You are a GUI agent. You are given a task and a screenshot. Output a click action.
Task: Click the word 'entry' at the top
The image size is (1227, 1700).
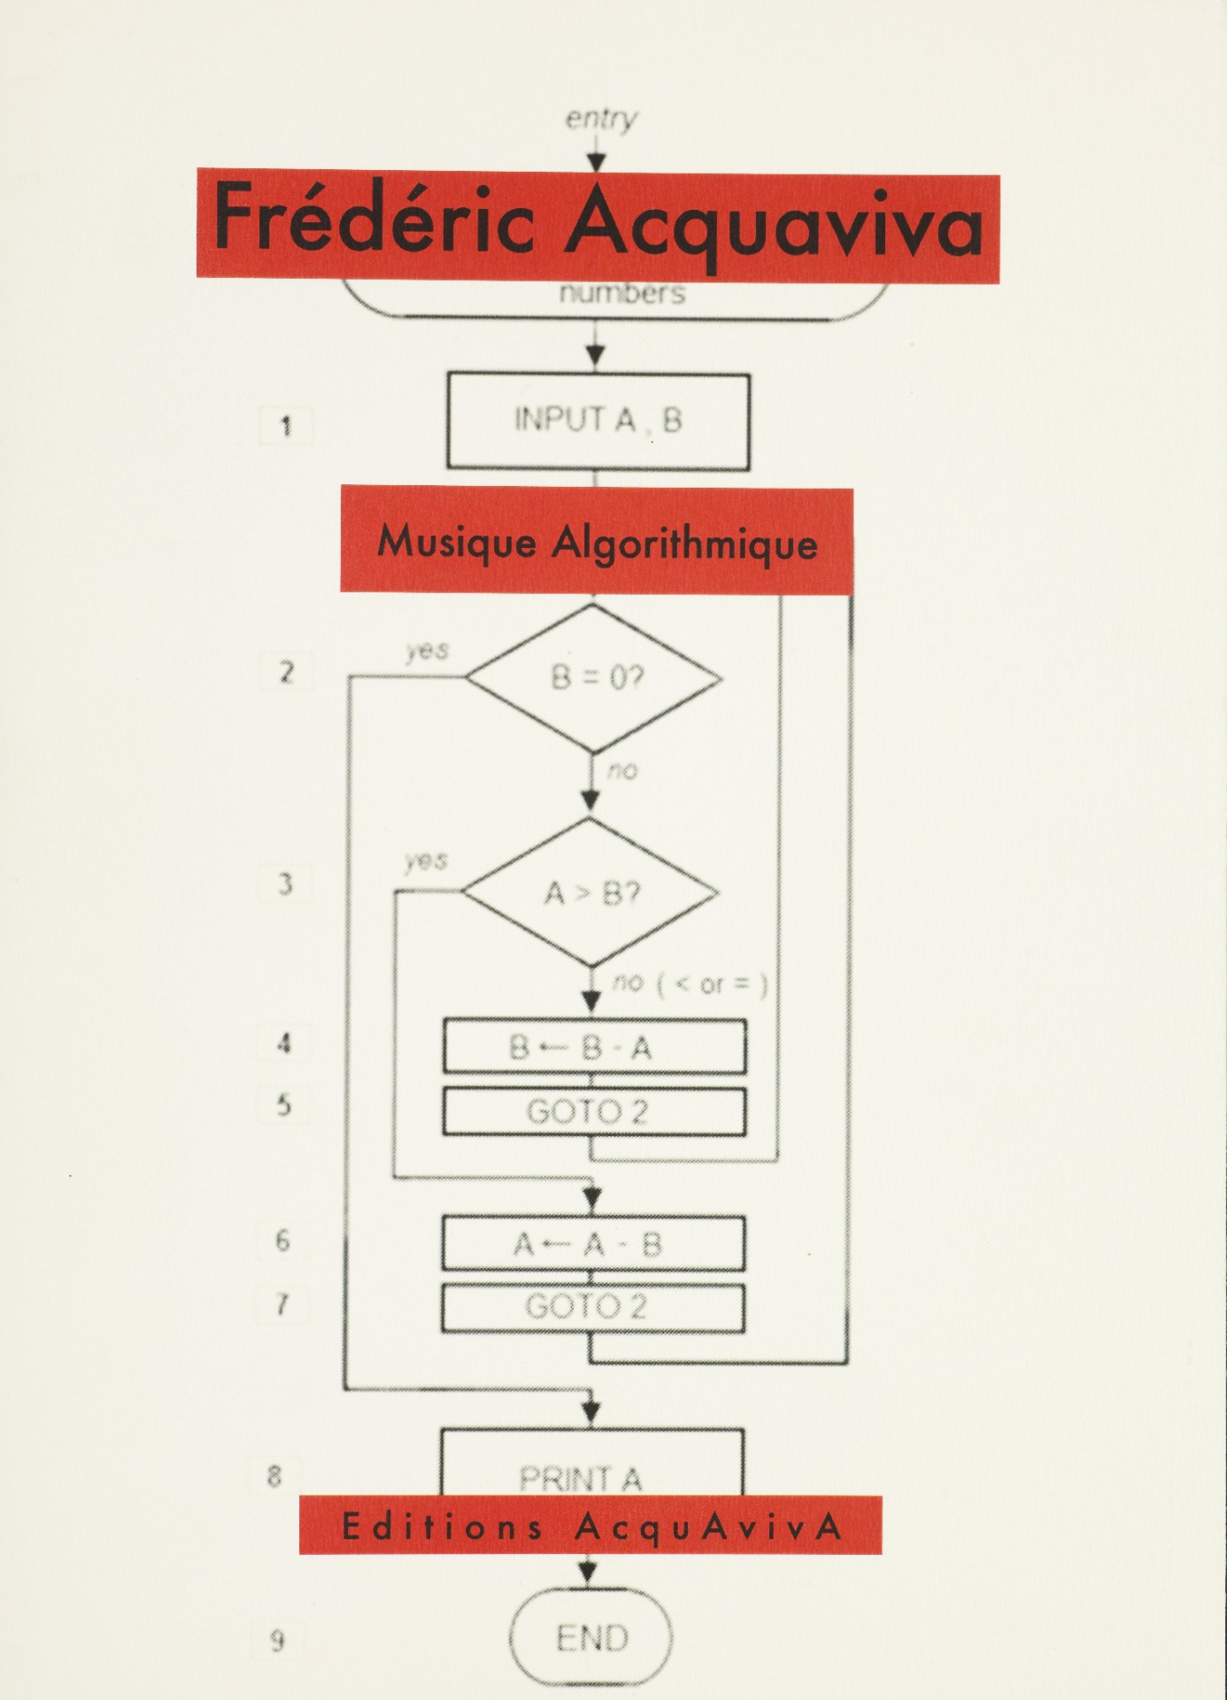pyautogui.click(x=601, y=119)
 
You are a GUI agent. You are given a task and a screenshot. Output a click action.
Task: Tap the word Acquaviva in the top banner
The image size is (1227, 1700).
pyautogui.click(x=774, y=225)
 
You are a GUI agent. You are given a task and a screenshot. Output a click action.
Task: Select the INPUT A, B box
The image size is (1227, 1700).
pyautogui.click(x=598, y=421)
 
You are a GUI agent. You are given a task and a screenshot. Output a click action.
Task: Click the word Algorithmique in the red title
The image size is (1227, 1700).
pyautogui.click(x=683, y=542)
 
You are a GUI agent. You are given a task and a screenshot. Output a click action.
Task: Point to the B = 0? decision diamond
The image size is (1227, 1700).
pyautogui.click(x=594, y=678)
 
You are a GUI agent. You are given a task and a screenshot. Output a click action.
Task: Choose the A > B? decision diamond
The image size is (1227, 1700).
pyautogui.click(x=590, y=892)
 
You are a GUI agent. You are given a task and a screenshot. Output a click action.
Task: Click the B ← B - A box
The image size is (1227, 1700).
pyautogui.click(x=594, y=1047)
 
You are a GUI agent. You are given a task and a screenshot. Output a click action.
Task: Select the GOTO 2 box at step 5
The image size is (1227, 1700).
pyautogui.click(x=593, y=1111)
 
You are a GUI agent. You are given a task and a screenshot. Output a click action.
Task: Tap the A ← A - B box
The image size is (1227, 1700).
pyautogui.click(x=592, y=1244)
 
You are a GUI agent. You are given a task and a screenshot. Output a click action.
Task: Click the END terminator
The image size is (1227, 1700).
pyautogui.click(x=591, y=1637)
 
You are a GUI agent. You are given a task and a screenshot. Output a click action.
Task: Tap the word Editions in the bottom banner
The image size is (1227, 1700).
pyautogui.click(x=442, y=1526)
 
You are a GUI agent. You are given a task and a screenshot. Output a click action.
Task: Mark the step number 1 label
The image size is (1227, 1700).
pyautogui.click(x=285, y=427)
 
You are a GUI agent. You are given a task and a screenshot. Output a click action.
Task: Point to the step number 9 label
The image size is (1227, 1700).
pyautogui.click(x=277, y=1641)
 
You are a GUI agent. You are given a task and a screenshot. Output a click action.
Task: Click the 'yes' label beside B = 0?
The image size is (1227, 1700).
pyautogui.click(x=428, y=651)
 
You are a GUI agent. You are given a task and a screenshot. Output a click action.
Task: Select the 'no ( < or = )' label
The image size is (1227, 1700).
pyautogui.click(x=690, y=983)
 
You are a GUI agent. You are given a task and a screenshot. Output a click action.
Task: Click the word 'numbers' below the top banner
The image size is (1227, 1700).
pyautogui.click(x=621, y=293)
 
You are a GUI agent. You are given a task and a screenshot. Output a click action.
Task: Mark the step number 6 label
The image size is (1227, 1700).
pyautogui.click(x=282, y=1240)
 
